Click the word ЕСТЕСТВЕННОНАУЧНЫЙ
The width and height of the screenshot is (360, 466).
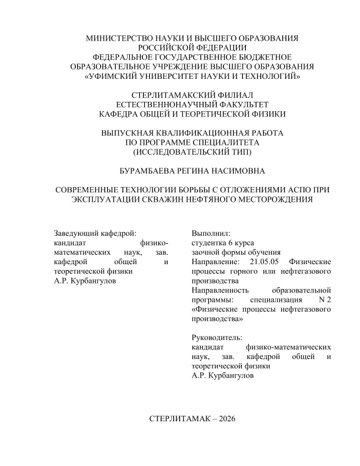coord(163,104)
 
